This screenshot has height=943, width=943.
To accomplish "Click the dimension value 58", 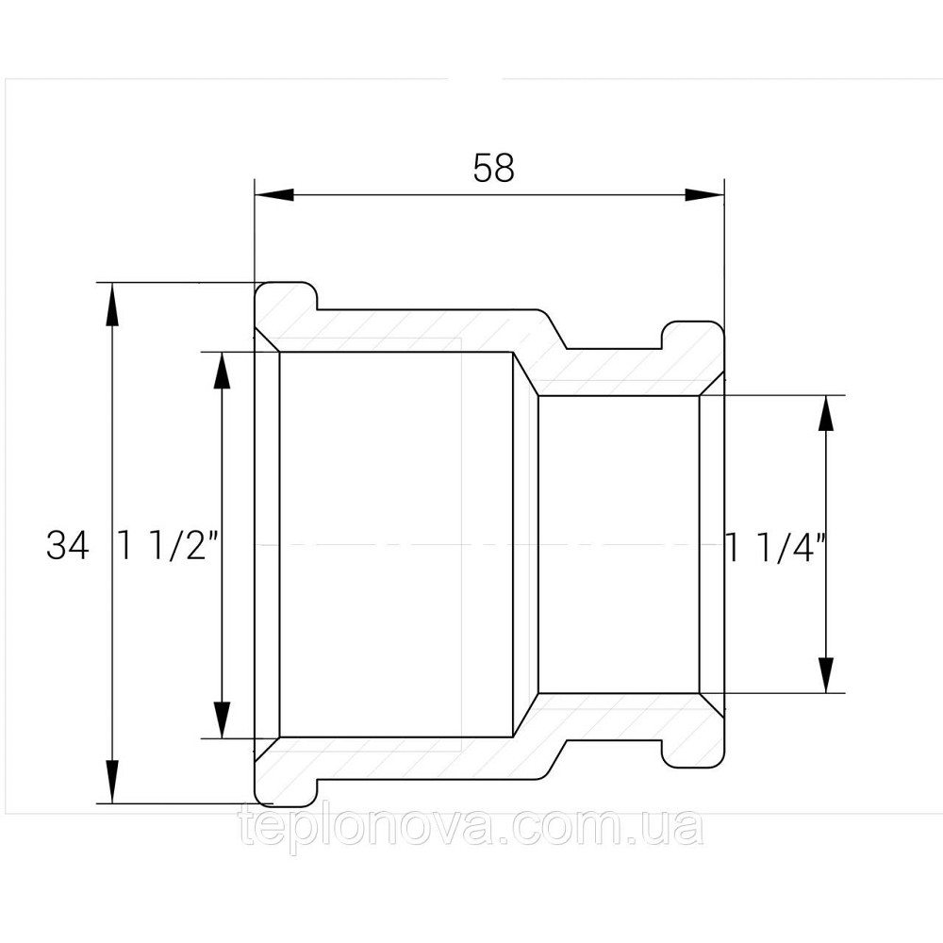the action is pos(494,168).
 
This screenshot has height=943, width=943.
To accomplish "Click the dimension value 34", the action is pos(67,546).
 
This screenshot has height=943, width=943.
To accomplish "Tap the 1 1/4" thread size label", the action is pos(775,546).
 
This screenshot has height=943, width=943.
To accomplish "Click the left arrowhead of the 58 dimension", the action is pos(274,195).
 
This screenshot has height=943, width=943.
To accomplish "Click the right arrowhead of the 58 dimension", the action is pos(704,195).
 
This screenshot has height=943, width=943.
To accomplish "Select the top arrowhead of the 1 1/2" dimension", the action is pos(222,372).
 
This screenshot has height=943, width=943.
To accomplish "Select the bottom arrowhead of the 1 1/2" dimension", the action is pos(222,717).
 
